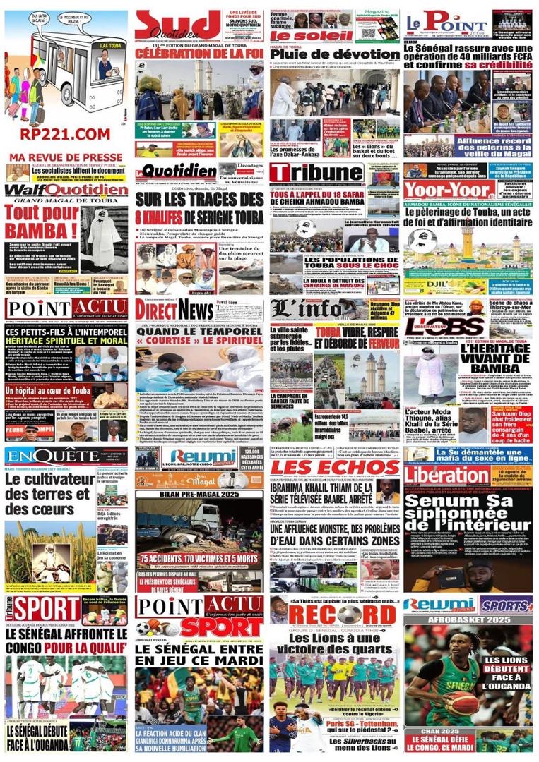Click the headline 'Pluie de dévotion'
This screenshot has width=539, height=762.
(335, 54)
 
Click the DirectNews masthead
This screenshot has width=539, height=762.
(175, 310)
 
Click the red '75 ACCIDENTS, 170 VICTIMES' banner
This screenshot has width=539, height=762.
(200, 560)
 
